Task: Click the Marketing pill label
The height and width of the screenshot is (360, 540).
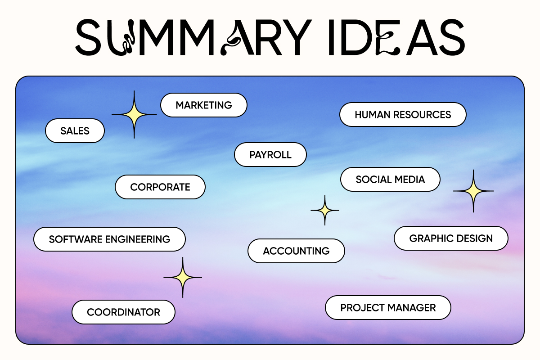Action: coord(204,105)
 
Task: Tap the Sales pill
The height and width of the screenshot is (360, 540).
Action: coord(75,131)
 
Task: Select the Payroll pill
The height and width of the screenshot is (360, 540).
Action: coord(270,155)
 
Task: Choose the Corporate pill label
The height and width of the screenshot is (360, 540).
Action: coord(160,187)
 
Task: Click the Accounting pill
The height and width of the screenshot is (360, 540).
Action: coord(296,251)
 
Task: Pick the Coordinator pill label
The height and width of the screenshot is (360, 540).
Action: coord(123,312)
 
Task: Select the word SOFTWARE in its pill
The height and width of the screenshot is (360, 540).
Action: coord(76,239)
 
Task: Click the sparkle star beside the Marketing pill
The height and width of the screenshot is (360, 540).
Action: coord(134,115)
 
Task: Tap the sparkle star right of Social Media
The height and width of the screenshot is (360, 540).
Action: coord(473,191)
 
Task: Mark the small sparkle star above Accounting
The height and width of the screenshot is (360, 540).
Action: coord(325,210)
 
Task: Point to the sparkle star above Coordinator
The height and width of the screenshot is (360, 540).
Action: coord(183,278)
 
